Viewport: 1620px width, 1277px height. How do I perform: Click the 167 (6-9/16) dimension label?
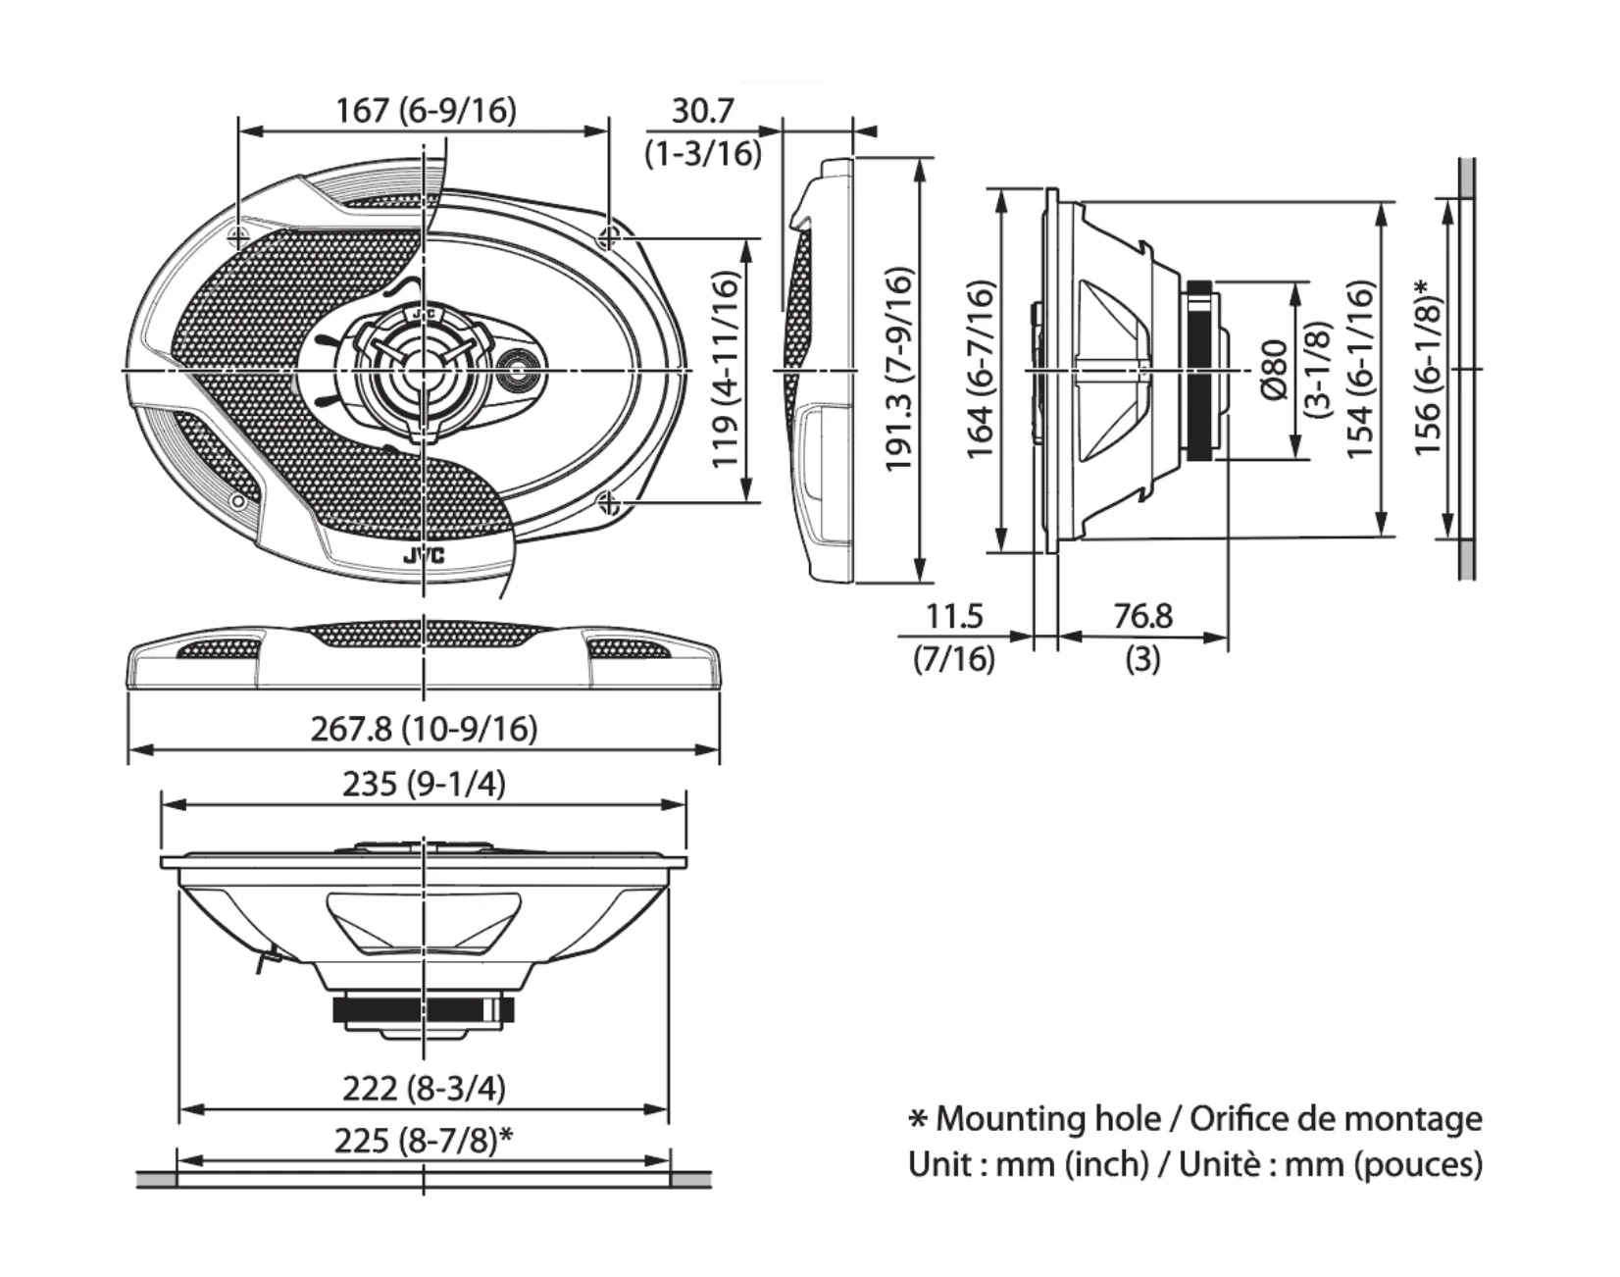point(426,110)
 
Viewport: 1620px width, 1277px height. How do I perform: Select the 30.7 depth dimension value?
point(702,110)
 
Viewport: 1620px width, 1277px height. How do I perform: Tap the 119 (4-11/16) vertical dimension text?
point(725,371)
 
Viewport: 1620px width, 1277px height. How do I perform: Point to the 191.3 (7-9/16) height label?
point(899,370)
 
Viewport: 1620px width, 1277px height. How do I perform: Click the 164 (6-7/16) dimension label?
point(980,370)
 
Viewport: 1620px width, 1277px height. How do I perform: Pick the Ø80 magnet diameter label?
point(1273,370)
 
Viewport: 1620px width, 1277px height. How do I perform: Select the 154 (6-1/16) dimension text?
point(1359,370)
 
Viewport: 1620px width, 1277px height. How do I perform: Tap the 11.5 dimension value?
point(954,616)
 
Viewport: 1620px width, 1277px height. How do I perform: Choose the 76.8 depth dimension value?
point(1142,616)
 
